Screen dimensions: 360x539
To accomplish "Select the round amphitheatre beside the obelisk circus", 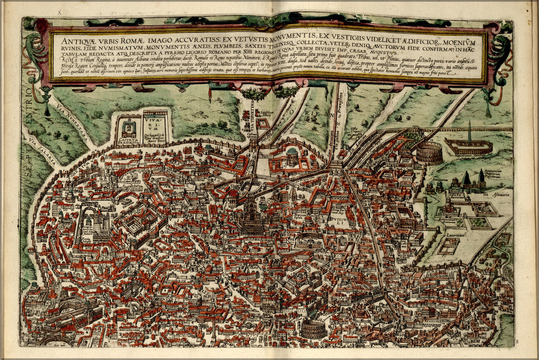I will click(429, 153).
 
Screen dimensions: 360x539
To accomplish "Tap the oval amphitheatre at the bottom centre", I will click(313, 329).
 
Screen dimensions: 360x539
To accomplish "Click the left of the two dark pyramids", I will click(467, 179).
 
